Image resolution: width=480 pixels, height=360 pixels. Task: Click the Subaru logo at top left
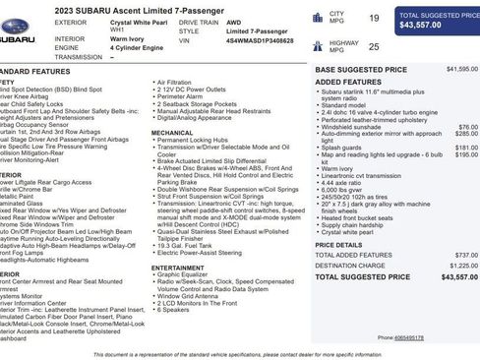pos(17,41)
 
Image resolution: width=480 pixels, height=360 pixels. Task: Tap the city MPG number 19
pos(374,18)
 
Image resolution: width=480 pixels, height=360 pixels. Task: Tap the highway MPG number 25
pos(374,45)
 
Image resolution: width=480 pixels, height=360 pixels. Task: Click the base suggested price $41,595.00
pos(461,70)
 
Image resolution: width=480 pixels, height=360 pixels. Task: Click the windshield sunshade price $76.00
pos(468,127)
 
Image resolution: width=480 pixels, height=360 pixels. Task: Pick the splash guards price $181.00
pos(466,148)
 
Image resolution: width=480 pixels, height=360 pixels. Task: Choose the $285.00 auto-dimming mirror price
pos(466,134)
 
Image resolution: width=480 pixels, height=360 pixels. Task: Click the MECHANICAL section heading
pos(172,131)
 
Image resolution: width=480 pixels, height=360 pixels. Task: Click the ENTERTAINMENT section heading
pos(178,267)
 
